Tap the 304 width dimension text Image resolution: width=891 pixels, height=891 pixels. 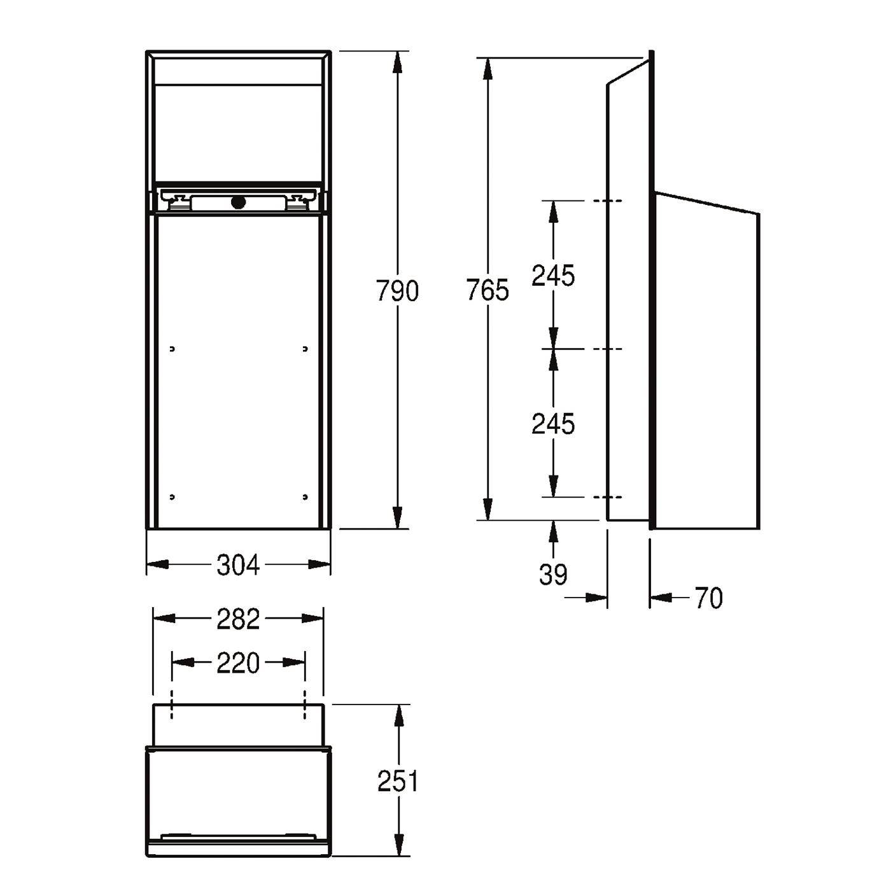click(238, 565)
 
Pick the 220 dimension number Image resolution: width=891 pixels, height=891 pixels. click(238, 663)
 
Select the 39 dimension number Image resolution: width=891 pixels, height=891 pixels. click(553, 575)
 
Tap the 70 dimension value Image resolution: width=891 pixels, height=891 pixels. click(709, 598)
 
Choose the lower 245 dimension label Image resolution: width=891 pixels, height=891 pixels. click(553, 423)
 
